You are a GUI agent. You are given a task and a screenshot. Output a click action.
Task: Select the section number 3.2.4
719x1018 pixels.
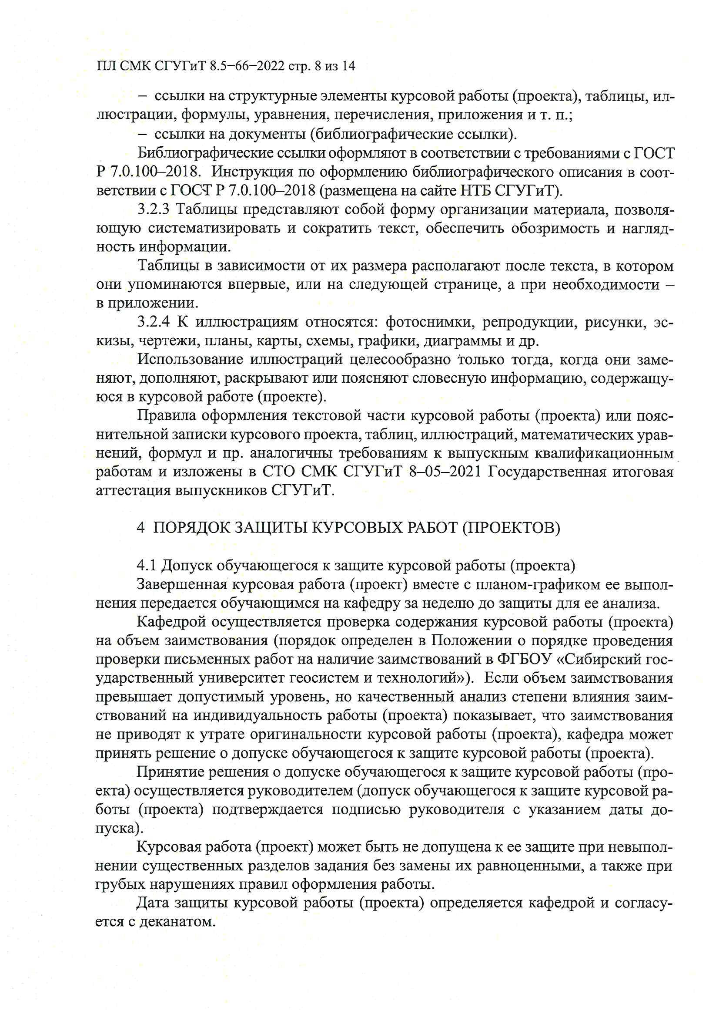[153, 322]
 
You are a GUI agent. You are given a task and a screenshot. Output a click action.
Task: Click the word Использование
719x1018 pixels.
[190, 360]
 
